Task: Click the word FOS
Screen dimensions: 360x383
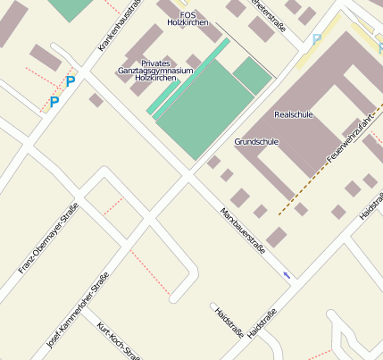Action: coord(188,14)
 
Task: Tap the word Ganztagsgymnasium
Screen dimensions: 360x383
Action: coord(154,70)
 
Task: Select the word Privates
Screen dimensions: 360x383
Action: coord(155,63)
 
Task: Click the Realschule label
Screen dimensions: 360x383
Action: coord(295,115)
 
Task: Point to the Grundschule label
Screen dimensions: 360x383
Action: coord(256,142)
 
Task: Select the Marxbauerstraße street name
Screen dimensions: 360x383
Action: coord(243,231)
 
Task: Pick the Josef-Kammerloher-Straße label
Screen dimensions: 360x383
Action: coord(78,309)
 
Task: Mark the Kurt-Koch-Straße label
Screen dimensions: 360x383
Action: coord(118,339)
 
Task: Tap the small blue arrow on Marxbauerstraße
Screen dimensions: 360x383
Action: coord(286,274)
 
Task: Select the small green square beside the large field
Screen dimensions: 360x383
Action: coord(253,76)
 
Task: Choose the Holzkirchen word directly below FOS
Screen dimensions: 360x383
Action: coord(188,22)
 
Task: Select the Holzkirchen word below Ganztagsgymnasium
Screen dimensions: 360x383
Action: coord(153,78)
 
